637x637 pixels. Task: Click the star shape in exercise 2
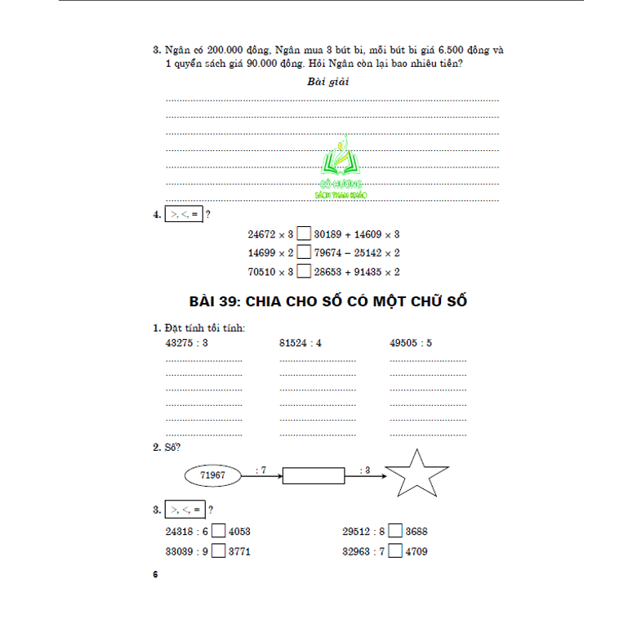tap(416, 474)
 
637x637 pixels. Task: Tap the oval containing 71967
tap(212, 474)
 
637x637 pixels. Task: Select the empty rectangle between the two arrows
tap(314, 474)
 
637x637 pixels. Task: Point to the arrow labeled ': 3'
tap(364, 474)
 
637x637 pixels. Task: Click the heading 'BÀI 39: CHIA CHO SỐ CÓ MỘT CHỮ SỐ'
tap(327, 301)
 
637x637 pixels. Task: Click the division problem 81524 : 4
tap(301, 343)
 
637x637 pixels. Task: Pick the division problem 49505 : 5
tap(411, 343)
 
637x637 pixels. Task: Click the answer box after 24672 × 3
tap(303, 234)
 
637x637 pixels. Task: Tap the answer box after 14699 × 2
tap(303, 253)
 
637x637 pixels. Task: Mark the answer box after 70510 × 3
tap(303, 273)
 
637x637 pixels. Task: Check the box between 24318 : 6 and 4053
tap(219, 532)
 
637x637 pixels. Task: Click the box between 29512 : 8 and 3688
tap(395, 532)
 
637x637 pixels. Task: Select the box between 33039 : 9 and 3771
tap(219, 551)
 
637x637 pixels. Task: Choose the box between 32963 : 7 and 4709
tap(395, 551)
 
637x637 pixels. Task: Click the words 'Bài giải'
tap(327, 82)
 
